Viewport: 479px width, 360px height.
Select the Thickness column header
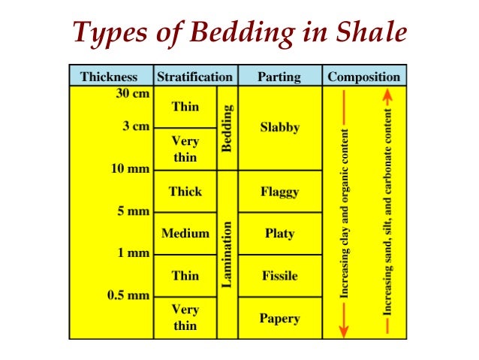pos(109,76)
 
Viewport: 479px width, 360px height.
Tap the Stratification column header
pos(194,76)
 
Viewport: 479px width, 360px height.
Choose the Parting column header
pos(279,76)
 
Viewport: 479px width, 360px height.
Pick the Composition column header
pos(364,76)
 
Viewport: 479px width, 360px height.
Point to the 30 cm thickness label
pos(128,95)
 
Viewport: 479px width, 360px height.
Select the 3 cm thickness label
pos(136,127)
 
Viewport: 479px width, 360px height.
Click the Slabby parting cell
pos(279,127)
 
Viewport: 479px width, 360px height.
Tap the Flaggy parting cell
pos(279,192)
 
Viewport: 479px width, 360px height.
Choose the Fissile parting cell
pos(279,276)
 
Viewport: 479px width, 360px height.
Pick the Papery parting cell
pos(279,318)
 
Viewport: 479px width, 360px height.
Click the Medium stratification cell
pos(185,233)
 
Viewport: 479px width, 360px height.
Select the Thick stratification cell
pos(185,192)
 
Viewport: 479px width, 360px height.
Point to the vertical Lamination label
pos(227,253)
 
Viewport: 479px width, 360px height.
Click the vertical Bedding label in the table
pos(227,128)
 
